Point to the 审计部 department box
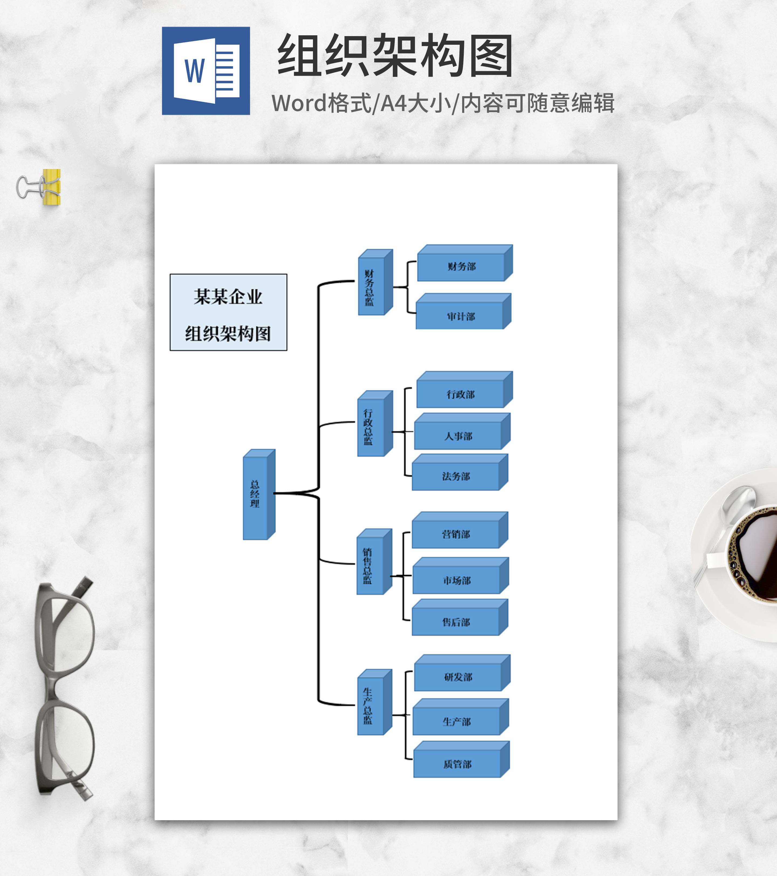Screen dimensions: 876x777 coord(460,316)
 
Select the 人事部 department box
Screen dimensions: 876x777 coord(458,436)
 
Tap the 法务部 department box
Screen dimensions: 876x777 coord(456,476)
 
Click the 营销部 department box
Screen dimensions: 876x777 coord(456,534)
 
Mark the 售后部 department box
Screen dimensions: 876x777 coord(456,622)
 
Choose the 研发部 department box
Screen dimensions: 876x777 coord(458,677)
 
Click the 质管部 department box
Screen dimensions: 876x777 coord(457,764)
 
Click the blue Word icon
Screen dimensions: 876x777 coord(206,71)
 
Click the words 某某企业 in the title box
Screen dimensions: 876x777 coord(228,296)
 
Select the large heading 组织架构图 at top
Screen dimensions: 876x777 coord(395,56)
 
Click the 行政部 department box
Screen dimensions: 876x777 coord(460,394)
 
